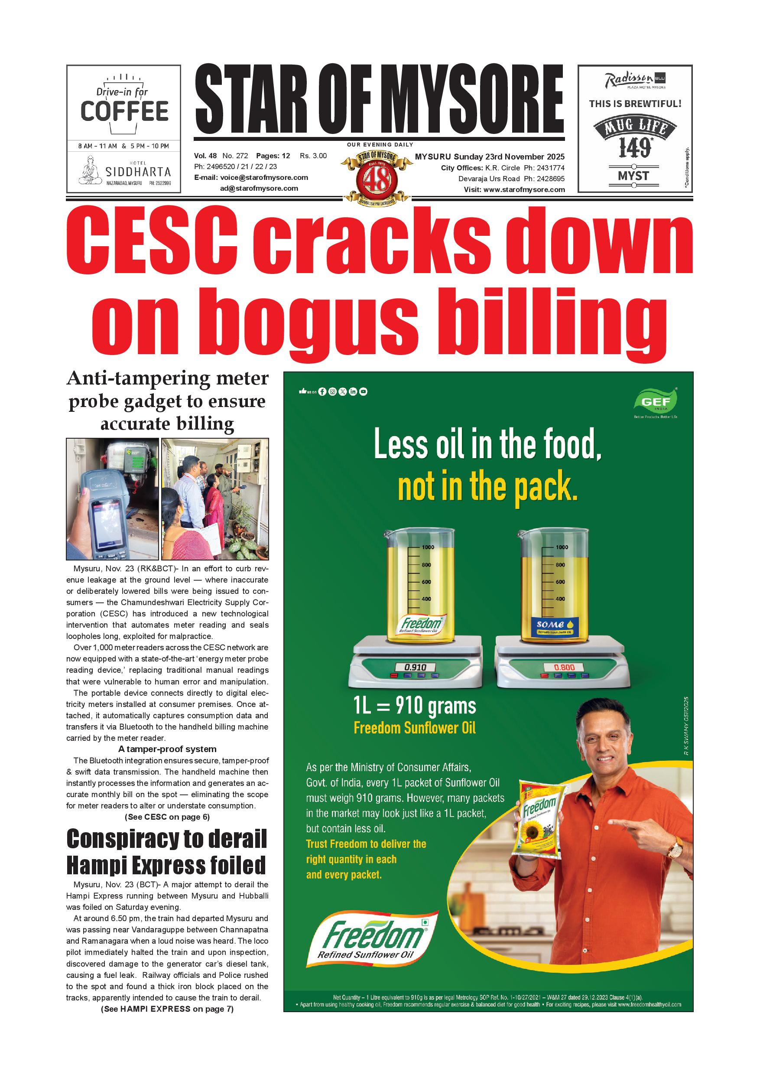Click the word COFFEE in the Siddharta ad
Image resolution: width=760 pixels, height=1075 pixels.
pos(124,111)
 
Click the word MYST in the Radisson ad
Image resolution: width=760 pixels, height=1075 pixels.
pos(633,176)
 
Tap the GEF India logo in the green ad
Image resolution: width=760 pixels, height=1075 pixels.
pos(655,402)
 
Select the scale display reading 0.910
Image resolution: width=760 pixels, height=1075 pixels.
pos(415,667)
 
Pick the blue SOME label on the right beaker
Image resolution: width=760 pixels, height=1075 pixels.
pos(550,625)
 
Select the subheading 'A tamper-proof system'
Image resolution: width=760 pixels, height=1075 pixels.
pos(167,749)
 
